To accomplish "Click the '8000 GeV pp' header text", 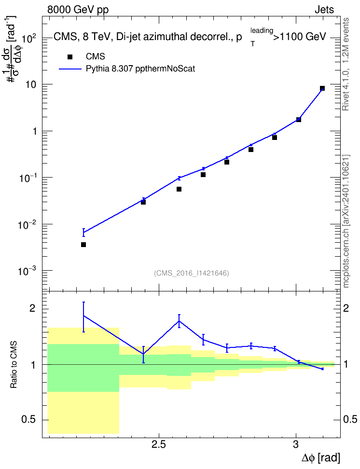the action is (x=78, y=10).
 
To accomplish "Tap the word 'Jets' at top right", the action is (x=324, y=10).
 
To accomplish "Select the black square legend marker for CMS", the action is (x=69, y=57).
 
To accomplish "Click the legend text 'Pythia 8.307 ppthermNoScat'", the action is (x=140, y=69).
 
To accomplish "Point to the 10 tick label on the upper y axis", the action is (x=30, y=84).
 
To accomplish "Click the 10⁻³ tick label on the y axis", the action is (x=27, y=271).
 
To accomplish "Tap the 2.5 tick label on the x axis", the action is (x=159, y=444).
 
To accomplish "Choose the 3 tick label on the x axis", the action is (x=296, y=444).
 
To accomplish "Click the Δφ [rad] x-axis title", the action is (x=320, y=458).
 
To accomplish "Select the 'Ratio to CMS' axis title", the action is (x=14, y=365).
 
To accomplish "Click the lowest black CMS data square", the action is (x=83, y=245).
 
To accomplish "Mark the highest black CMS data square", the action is (x=322, y=88).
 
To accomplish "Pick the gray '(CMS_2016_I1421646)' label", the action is (x=192, y=273).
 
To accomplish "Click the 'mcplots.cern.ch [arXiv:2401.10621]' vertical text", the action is (x=346, y=221).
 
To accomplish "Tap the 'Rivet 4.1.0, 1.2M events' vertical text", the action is (x=346, y=64).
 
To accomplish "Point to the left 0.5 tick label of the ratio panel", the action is (x=28, y=420).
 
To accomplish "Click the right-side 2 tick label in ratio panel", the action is (x=346, y=308).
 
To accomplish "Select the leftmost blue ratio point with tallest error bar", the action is (x=83, y=316).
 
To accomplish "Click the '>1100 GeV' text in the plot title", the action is (x=299, y=37).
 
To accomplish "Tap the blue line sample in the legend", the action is (x=70, y=69).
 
